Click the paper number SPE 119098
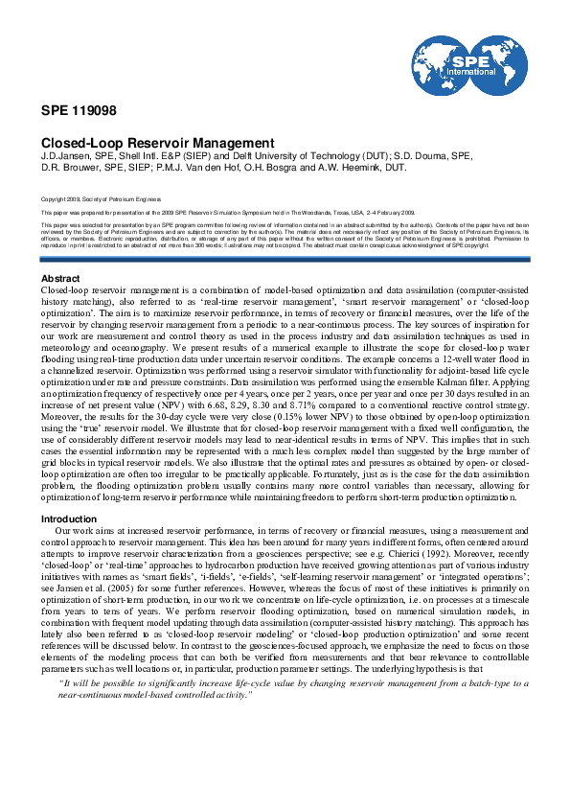coord(72,109)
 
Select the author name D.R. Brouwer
coord(68,167)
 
